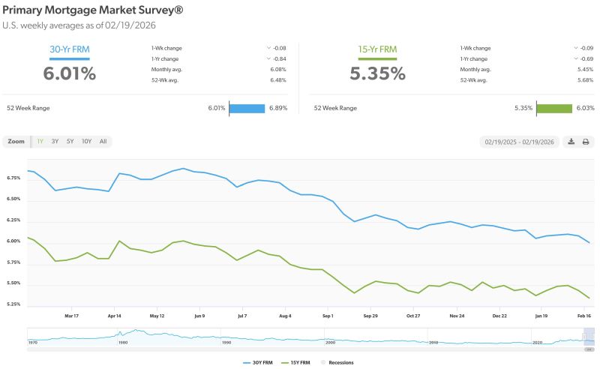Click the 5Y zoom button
click(x=70, y=141)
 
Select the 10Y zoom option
click(x=86, y=141)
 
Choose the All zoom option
click(x=103, y=141)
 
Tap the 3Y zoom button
click(x=55, y=141)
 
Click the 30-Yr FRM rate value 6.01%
click(x=69, y=73)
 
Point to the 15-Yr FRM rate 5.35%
click(x=377, y=73)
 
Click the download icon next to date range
click(x=571, y=141)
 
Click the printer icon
click(x=586, y=141)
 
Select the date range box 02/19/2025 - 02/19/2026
click(x=518, y=141)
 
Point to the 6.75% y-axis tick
click(x=15, y=178)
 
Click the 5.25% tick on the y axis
click(x=15, y=304)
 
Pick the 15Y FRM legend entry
click(x=296, y=362)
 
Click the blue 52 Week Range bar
click(x=247, y=108)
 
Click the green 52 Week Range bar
click(x=554, y=108)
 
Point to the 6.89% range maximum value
click(x=277, y=108)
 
